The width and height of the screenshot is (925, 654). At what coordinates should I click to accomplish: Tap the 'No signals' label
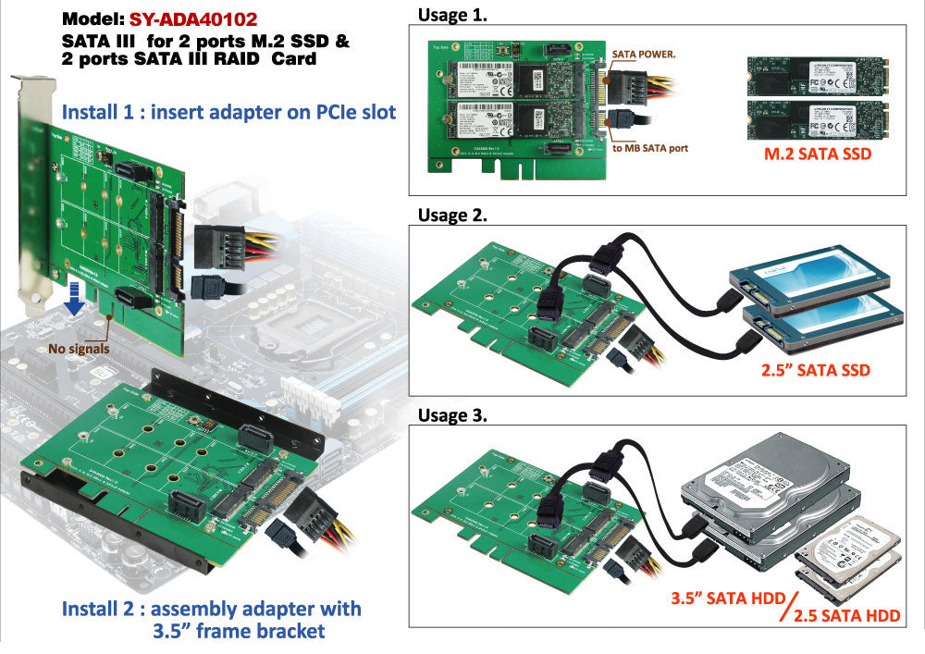[80, 349]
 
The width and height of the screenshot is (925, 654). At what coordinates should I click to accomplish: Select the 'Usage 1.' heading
[452, 15]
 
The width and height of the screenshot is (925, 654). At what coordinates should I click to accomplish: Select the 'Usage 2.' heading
[452, 216]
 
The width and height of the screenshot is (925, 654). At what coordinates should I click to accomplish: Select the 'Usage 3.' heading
[452, 415]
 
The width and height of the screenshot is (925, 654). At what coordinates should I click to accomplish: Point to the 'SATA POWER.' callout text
[644, 54]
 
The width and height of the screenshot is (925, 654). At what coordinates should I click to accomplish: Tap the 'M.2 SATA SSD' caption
[816, 154]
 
